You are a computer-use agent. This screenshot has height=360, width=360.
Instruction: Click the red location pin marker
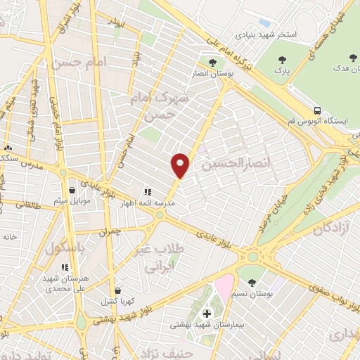(181, 165)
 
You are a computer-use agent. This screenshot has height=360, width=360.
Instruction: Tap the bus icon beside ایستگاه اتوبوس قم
(318, 110)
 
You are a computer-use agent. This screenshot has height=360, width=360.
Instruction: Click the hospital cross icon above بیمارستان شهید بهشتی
(207, 313)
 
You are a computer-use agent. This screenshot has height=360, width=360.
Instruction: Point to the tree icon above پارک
(283, 60)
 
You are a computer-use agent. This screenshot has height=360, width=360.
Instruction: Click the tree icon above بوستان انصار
(212, 63)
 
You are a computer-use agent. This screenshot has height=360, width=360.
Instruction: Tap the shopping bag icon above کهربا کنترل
(118, 289)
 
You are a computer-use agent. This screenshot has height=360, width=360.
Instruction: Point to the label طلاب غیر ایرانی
(163, 259)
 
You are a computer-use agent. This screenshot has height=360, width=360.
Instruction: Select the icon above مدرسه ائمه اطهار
(148, 191)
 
